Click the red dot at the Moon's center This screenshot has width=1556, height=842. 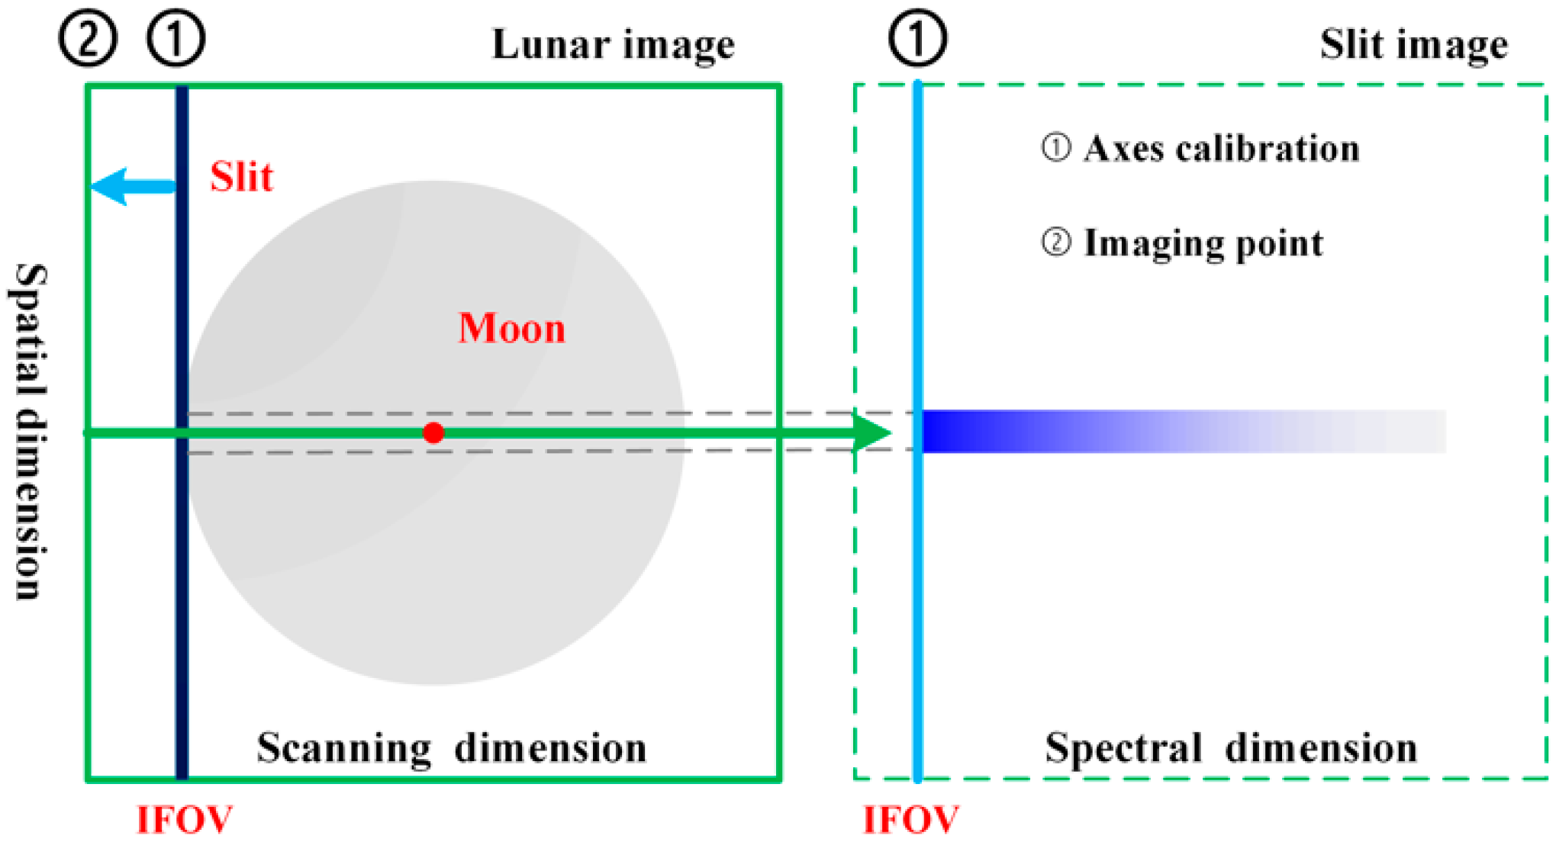pyautogui.click(x=433, y=433)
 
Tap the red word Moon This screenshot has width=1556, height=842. pyautogui.click(x=511, y=329)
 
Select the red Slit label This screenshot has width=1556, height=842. pyautogui.click(x=241, y=177)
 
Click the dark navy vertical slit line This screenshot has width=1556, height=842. pyautogui.click(x=182, y=595)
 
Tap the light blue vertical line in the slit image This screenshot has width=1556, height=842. pyautogui.click(x=917, y=610)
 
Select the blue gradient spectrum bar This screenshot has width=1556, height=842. pyautogui.click(x=1183, y=432)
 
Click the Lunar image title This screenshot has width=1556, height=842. pyautogui.click(x=613, y=43)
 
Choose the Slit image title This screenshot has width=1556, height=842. pyautogui.click(x=1413, y=43)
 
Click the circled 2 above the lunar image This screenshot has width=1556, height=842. pyautogui.click(x=88, y=38)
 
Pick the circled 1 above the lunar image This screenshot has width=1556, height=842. pyautogui.click(x=176, y=38)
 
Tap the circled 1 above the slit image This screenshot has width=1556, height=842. pyautogui.click(x=917, y=38)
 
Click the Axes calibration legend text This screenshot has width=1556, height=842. pyautogui.click(x=1221, y=148)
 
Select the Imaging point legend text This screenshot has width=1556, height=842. pyautogui.click(x=1203, y=243)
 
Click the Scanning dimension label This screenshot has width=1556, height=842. pyautogui.click(x=451, y=747)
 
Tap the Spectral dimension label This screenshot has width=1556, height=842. pyautogui.click(x=1230, y=747)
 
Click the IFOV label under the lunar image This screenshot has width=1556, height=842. pyautogui.click(x=184, y=821)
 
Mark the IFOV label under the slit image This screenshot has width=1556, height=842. pyautogui.click(x=910, y=821)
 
